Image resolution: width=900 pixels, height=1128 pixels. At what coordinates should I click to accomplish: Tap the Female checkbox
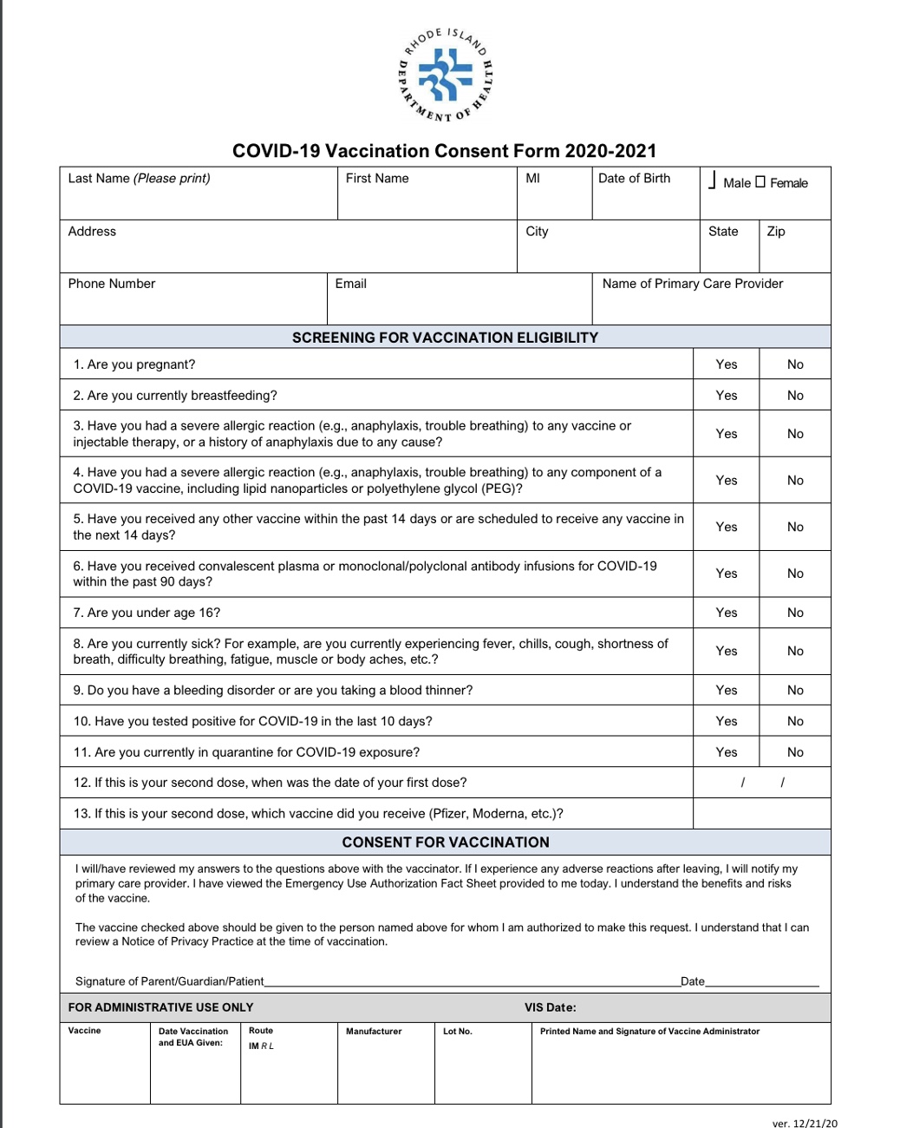pyautogui.click(x=760, y=182)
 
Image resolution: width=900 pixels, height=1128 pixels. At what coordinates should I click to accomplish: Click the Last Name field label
pyautogui.click(x=139, y=179)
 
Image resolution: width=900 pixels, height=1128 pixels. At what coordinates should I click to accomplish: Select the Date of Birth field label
pyautogui.click(x=634, y=179)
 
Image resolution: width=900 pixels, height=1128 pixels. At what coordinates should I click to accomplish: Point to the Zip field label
pyautogui.click(x=775, y=232)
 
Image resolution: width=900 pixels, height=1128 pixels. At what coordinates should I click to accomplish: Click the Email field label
pyautogui.click(x=350, y=284)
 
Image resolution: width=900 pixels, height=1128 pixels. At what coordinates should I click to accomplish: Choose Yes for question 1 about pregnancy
pyautogui.click(x=727, y=364)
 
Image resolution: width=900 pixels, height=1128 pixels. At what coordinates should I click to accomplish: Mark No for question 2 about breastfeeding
pyautogui.click(x=795, y=396)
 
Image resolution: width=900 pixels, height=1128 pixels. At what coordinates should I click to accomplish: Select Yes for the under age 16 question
pyautogui.click(x=727, y=613)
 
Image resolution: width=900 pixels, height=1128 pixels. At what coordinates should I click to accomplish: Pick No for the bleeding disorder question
pyautogui.click(x=795, y=691)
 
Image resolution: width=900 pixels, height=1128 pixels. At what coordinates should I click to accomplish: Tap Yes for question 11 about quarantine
pyautogui.click(x=727, y=752)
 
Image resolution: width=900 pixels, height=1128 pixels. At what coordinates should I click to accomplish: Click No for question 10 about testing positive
pyautogui.click(x=795, y=721)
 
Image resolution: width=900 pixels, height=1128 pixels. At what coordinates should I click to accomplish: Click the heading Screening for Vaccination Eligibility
pyautogui.click(x=445, y=338)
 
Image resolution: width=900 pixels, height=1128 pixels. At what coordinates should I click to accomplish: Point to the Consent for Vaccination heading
pyautogui.click(x=446, y=843)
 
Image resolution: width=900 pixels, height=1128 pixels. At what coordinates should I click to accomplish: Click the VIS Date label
pyautogui.click(x=550, y=1007)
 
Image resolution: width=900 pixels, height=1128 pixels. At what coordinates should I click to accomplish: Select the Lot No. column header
pyautogui.click(x=457, y=1032)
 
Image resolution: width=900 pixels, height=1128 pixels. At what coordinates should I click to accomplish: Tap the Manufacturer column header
pyautogui.click(x=374, y=1032)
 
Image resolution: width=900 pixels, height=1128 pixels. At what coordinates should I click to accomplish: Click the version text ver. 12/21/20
pyautogui.click(x=805, y=1124)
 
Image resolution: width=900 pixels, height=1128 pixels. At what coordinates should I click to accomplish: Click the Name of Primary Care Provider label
pyautogui.click(x=692, y=284)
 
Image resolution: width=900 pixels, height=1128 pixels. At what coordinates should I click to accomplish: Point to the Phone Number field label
pyautogui.click(x=112, y=284)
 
